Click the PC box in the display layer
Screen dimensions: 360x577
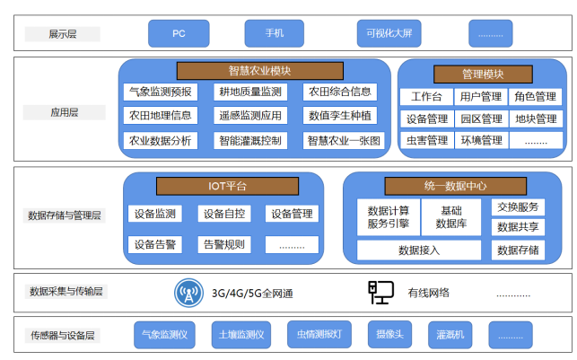(x=179, y=33)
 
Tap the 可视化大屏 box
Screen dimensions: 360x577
(x=384, y=33)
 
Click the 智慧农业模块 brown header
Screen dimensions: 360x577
(x=259, y=71)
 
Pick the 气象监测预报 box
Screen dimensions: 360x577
(x=160, y=92)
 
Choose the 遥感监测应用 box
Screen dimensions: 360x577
(x=249, y=115)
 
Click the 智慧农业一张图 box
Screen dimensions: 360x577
(x=345, y=140)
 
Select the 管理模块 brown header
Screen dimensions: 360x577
(x=483, y=74)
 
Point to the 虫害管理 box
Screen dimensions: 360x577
(x=426, y=140)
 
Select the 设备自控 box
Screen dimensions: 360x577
(x=224, y=214)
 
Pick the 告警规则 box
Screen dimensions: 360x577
(x=224, y=244)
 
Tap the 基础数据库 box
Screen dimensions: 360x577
(x=451, y=216)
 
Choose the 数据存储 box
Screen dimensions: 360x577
(x=519, y=250)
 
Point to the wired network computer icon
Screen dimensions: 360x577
(x=380, y=292)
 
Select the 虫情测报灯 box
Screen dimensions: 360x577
(x=319, y=336)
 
